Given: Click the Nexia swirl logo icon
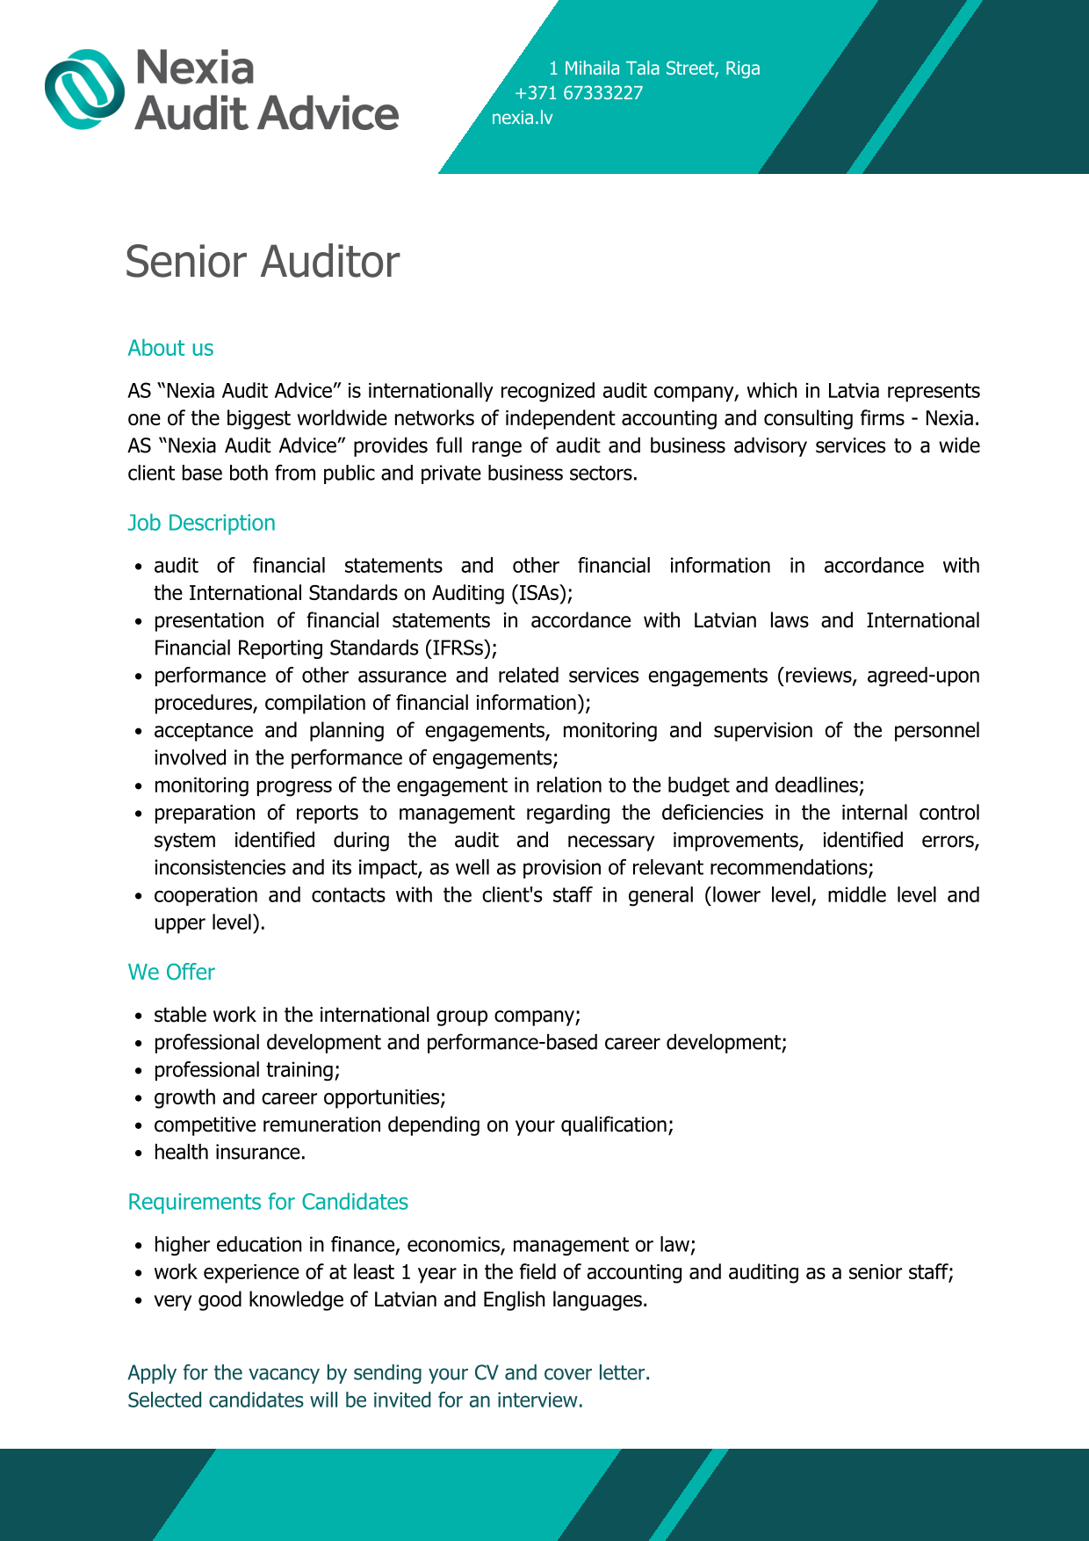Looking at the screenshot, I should point(85,89).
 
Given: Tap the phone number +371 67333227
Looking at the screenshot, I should point(579,93).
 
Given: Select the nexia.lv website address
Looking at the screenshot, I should point(522,118).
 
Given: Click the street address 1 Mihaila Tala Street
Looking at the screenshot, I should point(634,69).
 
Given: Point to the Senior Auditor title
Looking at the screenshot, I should point(262,262).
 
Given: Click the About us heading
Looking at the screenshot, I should point(170,349).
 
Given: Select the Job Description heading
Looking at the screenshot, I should point(201,523).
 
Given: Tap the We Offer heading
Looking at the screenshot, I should point(171,973).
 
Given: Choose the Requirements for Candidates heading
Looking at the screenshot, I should point(268,1202).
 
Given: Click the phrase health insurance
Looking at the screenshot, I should point(229,1153).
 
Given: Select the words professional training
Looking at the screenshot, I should point(246,1070).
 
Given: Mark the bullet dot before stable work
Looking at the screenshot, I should point(139,1016).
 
